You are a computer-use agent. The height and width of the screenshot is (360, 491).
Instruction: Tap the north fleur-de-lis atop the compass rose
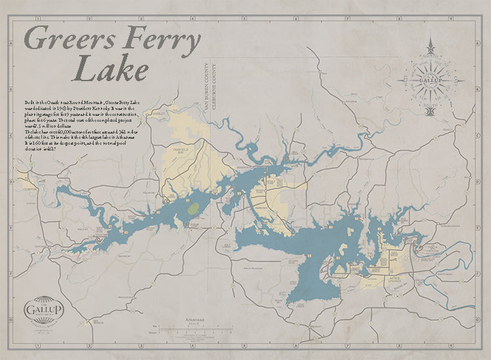pyautogui.click(x=430, y=47)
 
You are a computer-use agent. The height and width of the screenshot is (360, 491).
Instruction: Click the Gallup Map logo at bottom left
pyautogui.click(x=43, y=308)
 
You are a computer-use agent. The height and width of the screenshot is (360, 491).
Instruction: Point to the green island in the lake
pyautogui.click(x=192, y=209)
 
